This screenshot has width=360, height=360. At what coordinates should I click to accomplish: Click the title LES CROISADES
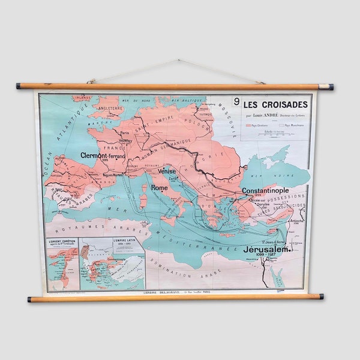[276, 104]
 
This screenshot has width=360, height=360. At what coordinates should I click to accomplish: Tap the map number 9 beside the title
[236, 102]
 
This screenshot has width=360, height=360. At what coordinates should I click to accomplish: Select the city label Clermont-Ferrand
[103, 155]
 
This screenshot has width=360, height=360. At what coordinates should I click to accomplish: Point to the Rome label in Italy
[159, 188]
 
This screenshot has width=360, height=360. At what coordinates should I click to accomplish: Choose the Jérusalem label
[268, 248]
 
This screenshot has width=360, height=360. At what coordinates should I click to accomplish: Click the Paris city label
[125, 133]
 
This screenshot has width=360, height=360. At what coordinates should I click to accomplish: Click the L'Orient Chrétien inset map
[62, 264]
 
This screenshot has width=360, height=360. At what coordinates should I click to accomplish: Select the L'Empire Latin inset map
[113, 264]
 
